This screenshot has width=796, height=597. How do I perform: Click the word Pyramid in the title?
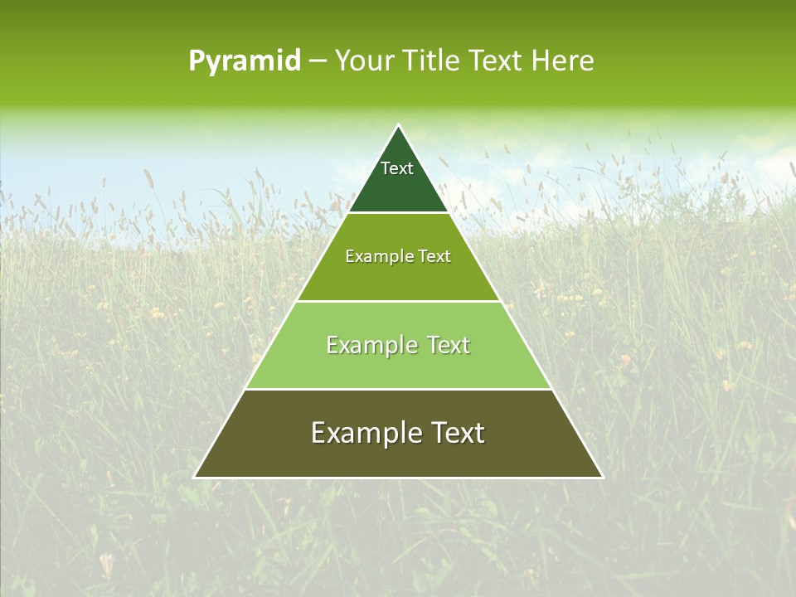244,61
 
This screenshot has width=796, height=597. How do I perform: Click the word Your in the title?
361,61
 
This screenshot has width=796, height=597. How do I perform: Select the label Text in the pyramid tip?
397,168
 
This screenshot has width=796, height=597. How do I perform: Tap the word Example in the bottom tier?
362,433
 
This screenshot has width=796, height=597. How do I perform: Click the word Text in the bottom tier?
454,433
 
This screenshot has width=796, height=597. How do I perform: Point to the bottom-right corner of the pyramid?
602,477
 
